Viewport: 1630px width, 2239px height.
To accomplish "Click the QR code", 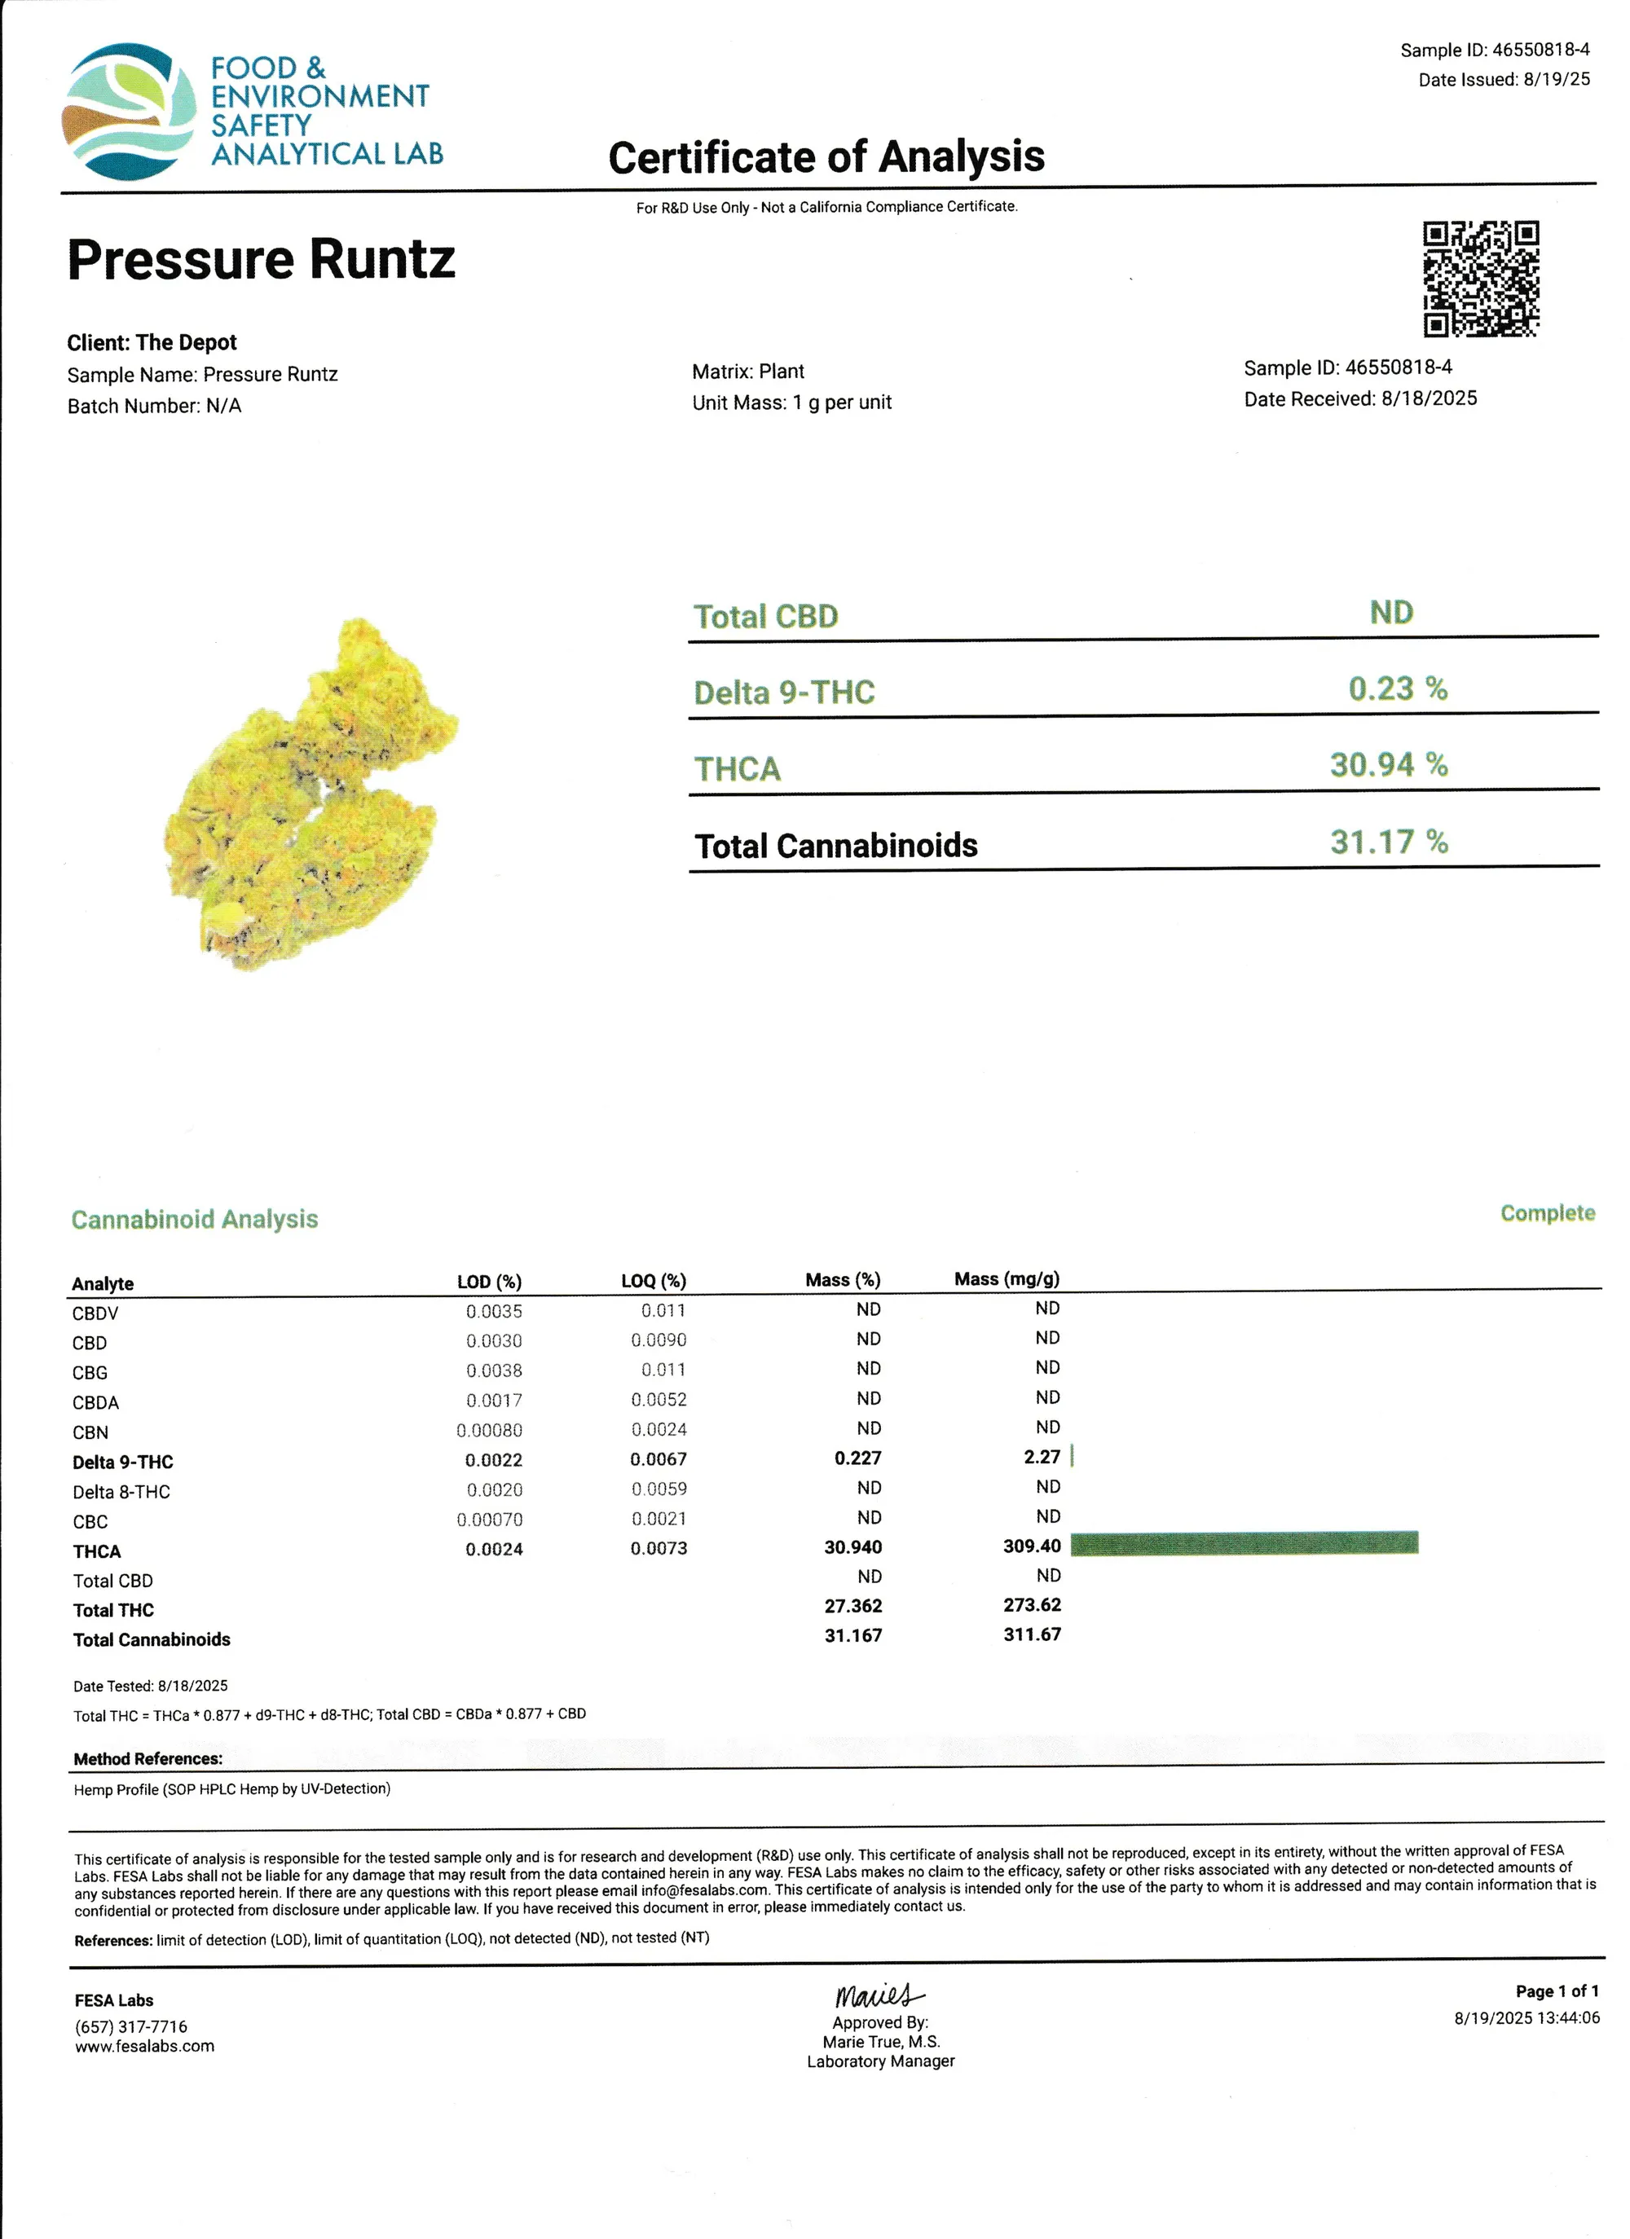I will [1480, 279].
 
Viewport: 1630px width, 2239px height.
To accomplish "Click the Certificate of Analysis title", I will [826, 157].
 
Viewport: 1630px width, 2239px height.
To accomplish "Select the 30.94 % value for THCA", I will [1388, 765].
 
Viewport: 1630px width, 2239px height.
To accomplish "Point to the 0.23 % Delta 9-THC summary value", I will [1397, 688].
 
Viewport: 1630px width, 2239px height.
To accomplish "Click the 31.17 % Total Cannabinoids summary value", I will [1388, 842].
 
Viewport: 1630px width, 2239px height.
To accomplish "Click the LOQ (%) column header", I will [653, 1282].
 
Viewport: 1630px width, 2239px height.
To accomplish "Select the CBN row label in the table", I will [90, 1432].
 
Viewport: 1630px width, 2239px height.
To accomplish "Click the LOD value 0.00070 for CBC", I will [490, 1520].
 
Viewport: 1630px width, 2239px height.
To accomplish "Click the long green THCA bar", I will [1244, 1543].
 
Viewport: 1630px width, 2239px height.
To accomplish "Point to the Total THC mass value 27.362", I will [853, 1606].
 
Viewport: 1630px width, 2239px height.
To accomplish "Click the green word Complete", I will [1547, 1213].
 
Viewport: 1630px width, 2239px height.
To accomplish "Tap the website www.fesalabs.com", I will [144, 2047].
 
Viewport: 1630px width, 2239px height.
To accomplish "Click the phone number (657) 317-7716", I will [130, 2026].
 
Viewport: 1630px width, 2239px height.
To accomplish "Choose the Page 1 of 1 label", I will [1557, 1991].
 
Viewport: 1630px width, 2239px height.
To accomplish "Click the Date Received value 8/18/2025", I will [1429, 399].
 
